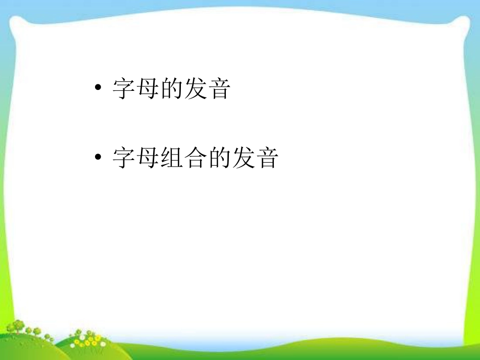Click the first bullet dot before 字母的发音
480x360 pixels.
98,87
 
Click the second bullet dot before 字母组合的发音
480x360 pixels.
98,157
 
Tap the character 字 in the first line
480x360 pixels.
124,88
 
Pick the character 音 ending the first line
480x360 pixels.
219,88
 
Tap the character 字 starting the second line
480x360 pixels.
124,158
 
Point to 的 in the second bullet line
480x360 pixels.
219,158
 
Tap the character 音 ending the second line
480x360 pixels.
267,158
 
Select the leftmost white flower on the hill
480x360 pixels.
73,346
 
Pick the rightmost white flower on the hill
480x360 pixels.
103,344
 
